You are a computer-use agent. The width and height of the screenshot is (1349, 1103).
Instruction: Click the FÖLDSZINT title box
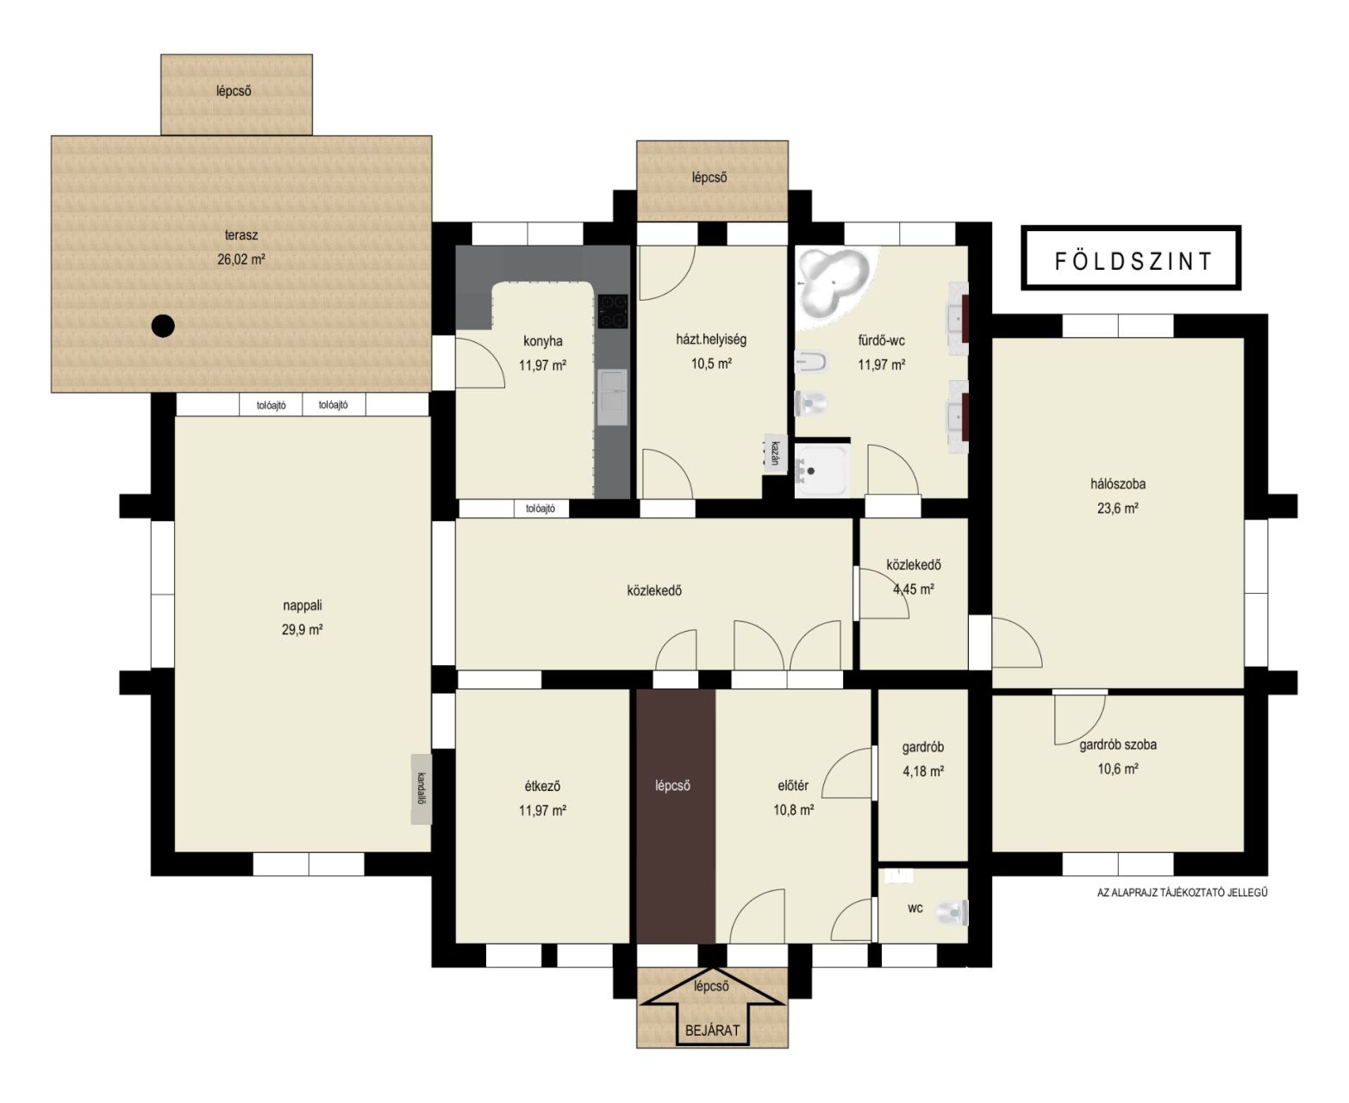(x=1130, y=258)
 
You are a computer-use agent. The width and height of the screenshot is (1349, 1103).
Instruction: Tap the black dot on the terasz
(x=163, y=326)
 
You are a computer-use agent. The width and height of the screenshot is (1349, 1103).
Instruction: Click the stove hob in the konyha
(x=613, y=311)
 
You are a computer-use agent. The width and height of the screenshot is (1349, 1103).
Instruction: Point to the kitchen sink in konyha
(x=613, y=397)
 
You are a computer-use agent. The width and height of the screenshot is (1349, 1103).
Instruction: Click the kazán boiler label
(x=775, y=453)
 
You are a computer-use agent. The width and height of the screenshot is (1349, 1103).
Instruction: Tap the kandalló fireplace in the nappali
(x=421, y=789)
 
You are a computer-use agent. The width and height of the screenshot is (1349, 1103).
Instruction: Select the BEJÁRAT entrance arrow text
(x=712, y=1031)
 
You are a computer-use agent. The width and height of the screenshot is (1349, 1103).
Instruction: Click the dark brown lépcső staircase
(x=676, y=817)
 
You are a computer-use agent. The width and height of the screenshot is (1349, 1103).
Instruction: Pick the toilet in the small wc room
(x=952, y=913)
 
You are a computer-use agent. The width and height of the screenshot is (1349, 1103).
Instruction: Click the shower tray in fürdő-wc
(x=821, y=470)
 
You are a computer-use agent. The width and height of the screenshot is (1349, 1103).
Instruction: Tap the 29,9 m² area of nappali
(x=302, y=630)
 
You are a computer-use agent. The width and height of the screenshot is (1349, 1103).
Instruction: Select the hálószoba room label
(x=1117, y=484)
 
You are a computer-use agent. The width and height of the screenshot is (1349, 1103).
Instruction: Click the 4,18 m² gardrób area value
(x=923, y=772)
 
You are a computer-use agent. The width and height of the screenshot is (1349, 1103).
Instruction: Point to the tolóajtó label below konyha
(x=540, y=509)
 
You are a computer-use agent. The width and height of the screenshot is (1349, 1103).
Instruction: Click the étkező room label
(x=542, y=786)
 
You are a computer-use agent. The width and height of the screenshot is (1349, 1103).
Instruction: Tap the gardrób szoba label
(x=1118, y=745)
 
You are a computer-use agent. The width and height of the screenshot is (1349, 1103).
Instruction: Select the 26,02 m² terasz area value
(x=241, y=259)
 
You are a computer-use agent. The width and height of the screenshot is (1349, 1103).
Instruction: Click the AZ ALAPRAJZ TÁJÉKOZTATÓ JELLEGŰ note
(x=1182, y=893)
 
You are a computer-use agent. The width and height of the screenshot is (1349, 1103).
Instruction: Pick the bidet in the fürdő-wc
(x=811, y=362)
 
